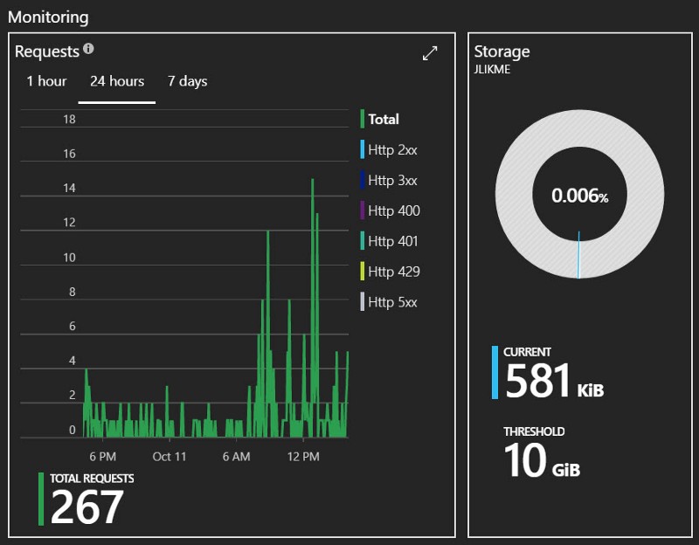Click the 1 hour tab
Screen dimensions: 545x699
[46, 81]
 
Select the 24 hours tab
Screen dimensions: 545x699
[117, 81]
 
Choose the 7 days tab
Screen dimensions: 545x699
[187, 81]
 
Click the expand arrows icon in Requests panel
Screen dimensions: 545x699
[430, 53]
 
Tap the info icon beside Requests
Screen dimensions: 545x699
[89, 50]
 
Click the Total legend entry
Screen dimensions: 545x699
[384, 120]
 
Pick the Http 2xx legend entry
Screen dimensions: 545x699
[392, 150]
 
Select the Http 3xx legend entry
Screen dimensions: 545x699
[392, 181]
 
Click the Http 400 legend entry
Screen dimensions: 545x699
[393, 210]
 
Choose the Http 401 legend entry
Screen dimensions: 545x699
[393, 241]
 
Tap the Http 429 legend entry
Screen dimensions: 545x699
[393, 272]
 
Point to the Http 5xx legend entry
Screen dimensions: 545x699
[392, 302]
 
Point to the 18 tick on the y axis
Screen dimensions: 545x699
[69, 120]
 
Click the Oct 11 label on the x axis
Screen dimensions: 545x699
[170, 457]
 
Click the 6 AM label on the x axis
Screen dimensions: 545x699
[236, 457]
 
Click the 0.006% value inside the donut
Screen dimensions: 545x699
[579, 196]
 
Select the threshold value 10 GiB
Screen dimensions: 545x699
[542, 460]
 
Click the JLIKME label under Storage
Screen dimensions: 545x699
[492, 70]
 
